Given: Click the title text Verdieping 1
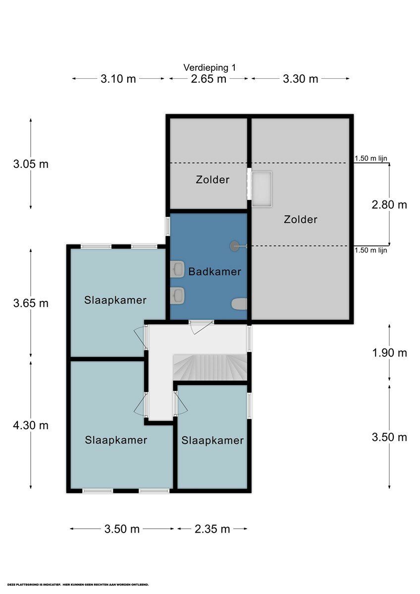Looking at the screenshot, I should coord(210,67).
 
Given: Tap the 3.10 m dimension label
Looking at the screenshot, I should coord(118,79).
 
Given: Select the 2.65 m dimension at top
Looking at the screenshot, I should coord(209,79).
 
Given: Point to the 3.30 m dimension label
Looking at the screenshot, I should coord(301,79).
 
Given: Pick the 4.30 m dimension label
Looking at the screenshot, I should coord(31,425).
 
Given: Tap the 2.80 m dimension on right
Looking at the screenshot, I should coord(389,204).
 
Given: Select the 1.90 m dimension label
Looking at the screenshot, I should coord(389,353).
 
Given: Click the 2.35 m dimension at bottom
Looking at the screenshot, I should coord(212,529).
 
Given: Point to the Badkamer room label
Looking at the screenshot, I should coord(214,272).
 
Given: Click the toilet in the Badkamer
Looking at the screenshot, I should coord(239,304).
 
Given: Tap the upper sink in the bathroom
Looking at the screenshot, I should coord(177,269).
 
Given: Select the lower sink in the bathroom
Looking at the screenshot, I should coord(177,296).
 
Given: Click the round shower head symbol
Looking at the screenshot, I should coord(234,245).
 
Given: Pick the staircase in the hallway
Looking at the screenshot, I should coord(210,368).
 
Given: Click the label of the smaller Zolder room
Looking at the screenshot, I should coord(212,180).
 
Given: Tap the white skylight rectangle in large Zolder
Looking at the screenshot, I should coord(262,189).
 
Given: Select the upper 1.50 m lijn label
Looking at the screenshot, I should coord(370,159).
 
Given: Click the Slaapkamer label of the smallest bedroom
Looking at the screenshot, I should coord(212,441).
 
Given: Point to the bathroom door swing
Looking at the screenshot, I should coord(201,327).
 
